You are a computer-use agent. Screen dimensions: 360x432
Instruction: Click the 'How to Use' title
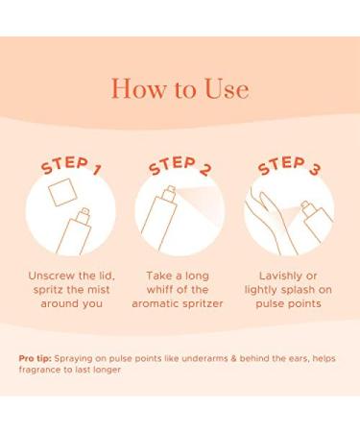[x=180, y=88]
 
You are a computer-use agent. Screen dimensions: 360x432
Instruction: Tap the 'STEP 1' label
[x=71, y=165]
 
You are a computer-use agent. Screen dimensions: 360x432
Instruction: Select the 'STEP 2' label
[x=180, y=165]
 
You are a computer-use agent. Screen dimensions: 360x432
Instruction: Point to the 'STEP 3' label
[x=289, y=165]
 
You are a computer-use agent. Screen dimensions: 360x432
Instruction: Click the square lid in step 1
[x=62, y=192]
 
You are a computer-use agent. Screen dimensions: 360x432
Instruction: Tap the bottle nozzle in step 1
[x=84, y=212]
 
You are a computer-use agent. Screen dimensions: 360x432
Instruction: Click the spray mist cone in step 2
[x=200, y=204]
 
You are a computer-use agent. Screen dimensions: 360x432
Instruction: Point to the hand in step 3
[x=272, y=221]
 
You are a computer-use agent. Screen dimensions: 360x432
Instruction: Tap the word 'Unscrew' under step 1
[x=50, y=276]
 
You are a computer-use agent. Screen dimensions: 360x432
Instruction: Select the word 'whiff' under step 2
[x=159, y=290]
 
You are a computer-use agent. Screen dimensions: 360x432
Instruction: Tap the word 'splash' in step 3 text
[x=298, y=290]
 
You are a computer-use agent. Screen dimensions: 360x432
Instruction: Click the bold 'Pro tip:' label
[x=35, y=358]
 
